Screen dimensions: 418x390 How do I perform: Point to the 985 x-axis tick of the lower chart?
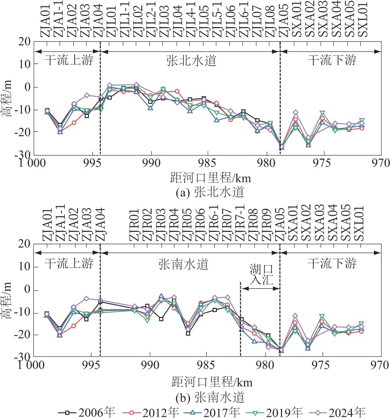206,366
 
